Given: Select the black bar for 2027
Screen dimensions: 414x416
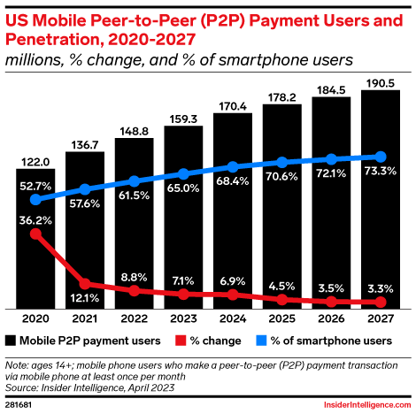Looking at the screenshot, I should pyautogui.click(x=381, y=198).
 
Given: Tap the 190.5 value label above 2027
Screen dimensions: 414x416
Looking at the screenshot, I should pyautogui.click(x=381, y=80).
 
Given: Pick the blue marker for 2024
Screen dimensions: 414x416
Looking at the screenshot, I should pyautogui.click(x=233, y=167).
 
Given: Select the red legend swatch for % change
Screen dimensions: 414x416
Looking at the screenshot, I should pyautogui.click(x=182, y=340).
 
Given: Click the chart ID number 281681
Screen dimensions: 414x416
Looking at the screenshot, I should pyautogui.click(x=23, y=402).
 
